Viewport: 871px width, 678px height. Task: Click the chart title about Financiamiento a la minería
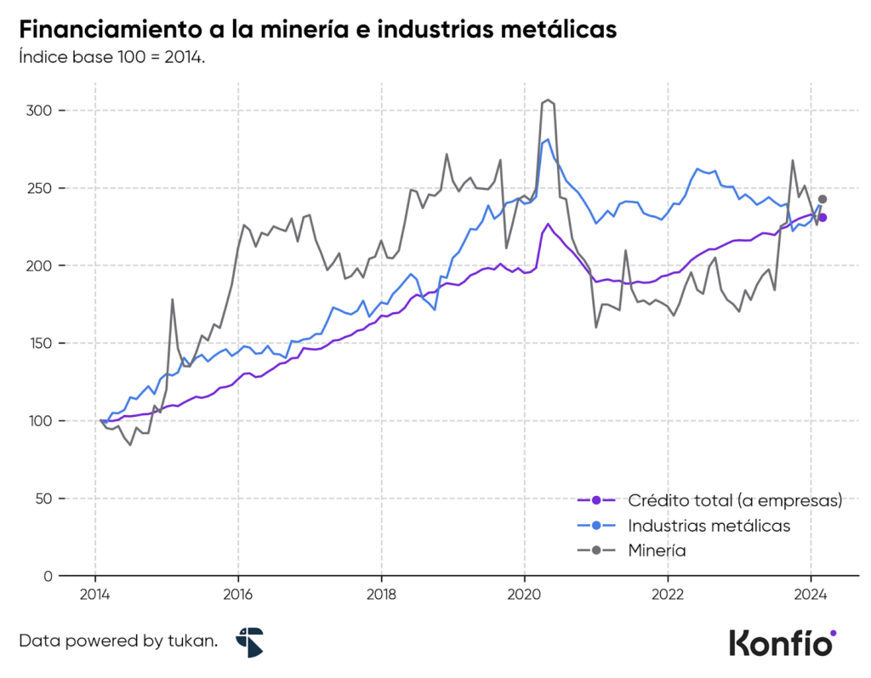tap(317, 29)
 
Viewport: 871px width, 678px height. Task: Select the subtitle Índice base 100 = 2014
tap(111, 58)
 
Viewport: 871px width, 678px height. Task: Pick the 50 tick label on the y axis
tap(43, 499)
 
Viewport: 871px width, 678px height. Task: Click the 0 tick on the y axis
tap(48, 576)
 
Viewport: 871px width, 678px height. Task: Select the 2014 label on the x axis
tap(94, 595)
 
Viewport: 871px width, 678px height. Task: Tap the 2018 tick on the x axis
tap(381, 595)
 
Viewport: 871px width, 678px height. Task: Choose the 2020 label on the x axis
tap(524, 595)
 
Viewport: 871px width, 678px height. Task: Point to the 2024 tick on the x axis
tap(811, 595)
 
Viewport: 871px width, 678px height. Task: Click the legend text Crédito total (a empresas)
tap(735, 500)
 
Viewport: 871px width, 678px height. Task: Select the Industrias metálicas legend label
tap(709, 526)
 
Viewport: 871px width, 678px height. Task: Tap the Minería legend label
tap(658, 550)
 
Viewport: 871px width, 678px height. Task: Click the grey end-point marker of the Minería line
tap(823, 199)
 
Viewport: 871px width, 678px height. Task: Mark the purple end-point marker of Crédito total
tap(823, 218)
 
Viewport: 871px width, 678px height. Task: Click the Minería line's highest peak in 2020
tap(549, 100)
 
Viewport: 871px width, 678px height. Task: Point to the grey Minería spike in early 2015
tap(172, 299)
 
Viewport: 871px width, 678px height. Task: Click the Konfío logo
tap(783, 641)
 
